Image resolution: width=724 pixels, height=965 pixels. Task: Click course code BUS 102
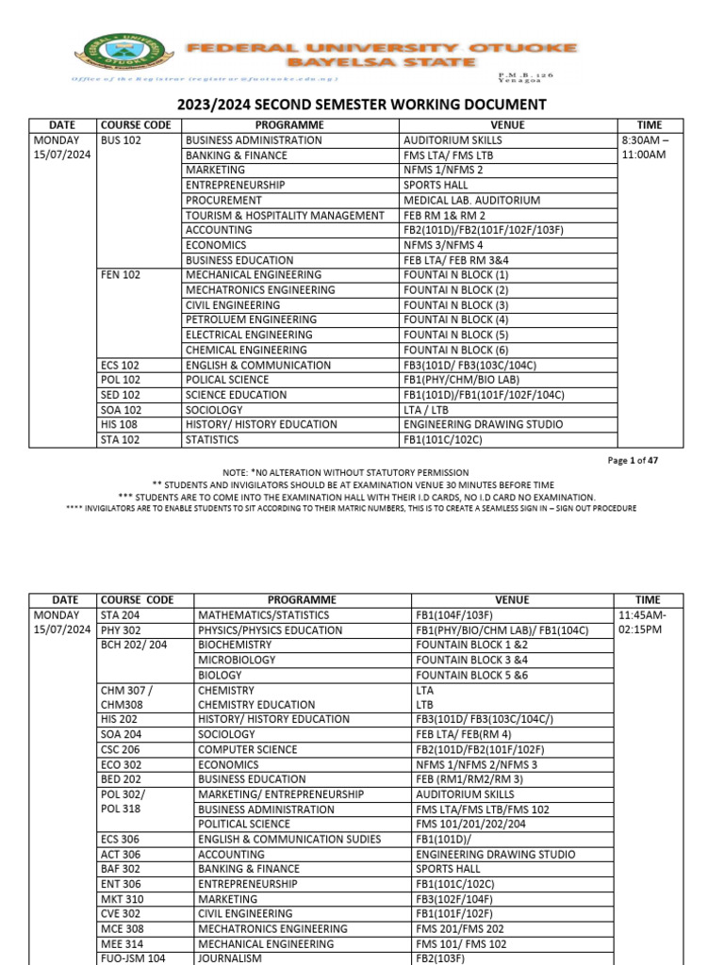(121, 140)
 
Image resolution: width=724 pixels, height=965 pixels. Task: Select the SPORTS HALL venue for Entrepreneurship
(438, 186)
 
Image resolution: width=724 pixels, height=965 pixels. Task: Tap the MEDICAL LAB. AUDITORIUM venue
(472, 201)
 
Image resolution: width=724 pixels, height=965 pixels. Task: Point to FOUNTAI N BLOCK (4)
(456, 320)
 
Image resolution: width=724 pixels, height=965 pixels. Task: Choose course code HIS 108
(119, 425)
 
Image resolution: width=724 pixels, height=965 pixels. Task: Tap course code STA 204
(121, 615)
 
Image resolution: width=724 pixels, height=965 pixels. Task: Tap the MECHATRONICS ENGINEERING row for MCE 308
(273, 929)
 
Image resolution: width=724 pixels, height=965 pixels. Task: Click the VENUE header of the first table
(508, 125)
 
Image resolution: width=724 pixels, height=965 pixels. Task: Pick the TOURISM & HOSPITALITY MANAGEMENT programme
(285, 216)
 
